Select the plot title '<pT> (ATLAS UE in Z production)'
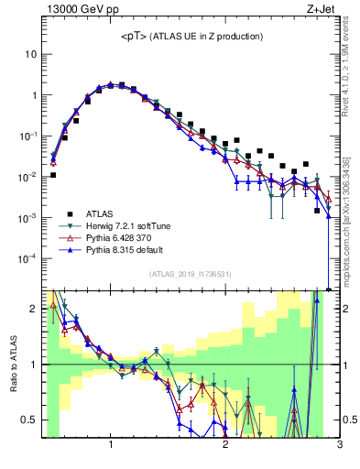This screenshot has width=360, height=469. (191, 37)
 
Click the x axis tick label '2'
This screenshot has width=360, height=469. (225, 446)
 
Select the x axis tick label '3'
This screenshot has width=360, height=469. (339, 446)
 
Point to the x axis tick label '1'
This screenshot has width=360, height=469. (111, 446)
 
